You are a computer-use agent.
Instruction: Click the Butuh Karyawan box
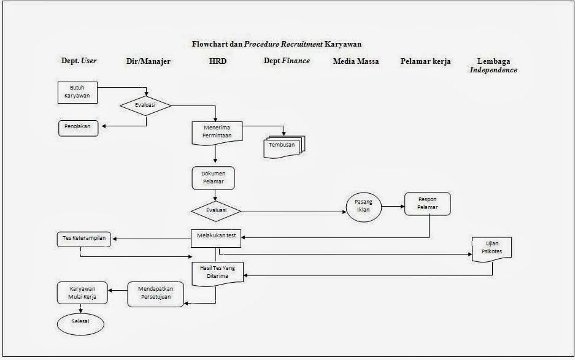pos(77,92)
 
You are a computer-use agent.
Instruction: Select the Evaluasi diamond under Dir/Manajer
pos(145,105)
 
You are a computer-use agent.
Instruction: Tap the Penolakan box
pos(78,128)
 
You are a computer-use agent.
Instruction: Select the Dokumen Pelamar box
pos(213,178)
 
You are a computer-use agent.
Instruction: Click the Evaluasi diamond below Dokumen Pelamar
pos(215,210)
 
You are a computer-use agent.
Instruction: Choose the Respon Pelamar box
pos(427,204)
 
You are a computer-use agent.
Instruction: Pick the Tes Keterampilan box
pos(83,240)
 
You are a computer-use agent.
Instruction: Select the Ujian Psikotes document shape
pos(490,248)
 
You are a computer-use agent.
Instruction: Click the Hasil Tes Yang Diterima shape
pos(217,272)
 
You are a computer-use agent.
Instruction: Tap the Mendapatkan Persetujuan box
pos(150,294)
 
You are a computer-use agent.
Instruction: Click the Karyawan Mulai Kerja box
pos(82,293)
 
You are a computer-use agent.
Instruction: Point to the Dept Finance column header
pos(287,61)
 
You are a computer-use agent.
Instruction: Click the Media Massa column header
pos(355,61)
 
